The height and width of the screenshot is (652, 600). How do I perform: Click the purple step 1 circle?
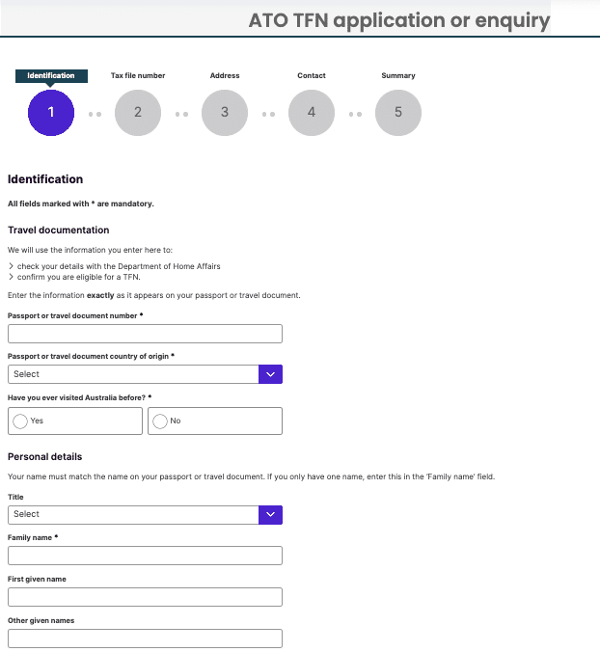click(x=51, y=112)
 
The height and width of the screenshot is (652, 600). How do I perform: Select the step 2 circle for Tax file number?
click(x=138, y=112)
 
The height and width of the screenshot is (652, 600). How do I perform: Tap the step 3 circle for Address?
click(x=225, y=112)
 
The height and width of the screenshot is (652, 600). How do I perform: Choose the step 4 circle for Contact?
click(x=312, y=112)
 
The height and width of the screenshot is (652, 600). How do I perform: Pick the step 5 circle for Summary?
click(x=398, y=112)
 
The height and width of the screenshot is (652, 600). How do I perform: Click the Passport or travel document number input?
click(x=145, y=334)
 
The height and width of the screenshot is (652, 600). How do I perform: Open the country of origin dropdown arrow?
click(x=271, y=374)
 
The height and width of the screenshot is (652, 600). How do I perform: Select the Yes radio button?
click(x=20, y=421)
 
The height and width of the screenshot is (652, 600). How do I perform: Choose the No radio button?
click(x=160, y=421)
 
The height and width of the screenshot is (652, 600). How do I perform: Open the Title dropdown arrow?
click(x=271, y=514)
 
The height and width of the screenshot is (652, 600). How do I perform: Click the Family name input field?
click(x=145, y=556)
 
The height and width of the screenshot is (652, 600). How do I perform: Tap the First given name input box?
click(x=145, y=596)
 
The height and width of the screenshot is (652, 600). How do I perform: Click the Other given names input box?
click(x=145, y=638)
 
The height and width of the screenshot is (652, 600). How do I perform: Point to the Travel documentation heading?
click(x=58, y=231)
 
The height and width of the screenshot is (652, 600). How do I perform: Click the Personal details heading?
click(x=44, y=456)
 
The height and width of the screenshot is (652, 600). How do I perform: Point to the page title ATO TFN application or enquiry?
click(x=399, y=20)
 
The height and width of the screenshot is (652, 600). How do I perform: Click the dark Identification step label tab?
click(x=51, y=75)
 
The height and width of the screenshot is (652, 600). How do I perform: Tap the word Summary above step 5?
click(x=398, y=75)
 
